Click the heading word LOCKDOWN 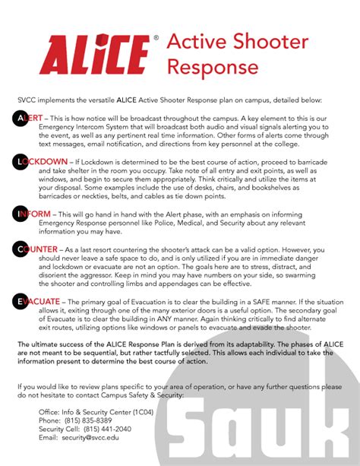45,162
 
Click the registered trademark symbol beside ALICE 156,36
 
